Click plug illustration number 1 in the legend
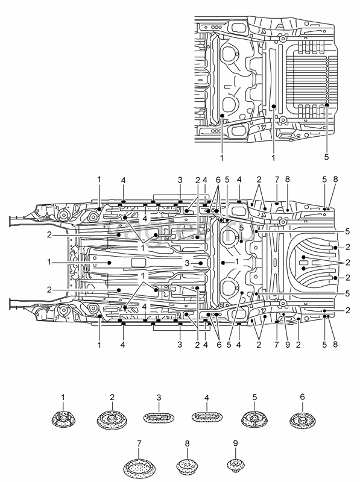[63, 419]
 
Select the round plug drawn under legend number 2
[112, 419]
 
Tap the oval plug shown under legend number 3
[159, 418]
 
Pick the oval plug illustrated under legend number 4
[207, 418]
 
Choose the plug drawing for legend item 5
[254, 419]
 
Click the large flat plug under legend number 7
[139, 469]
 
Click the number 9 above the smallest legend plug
[236, 443]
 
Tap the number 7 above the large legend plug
[139, 443]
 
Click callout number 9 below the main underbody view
[288, 345]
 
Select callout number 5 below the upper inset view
[326, 157]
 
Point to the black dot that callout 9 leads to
[283, 315]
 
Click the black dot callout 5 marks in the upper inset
[327, 105]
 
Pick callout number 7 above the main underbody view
[277, 179]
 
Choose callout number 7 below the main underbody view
[276, 345]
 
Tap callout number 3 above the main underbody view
[180, 180]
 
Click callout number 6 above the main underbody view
[218, 180]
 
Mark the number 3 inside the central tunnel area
[187, 263]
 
